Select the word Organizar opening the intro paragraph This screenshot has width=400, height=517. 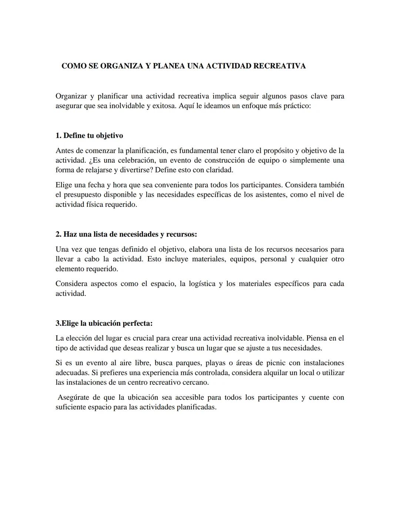pyautogui.click(x=71, y=97)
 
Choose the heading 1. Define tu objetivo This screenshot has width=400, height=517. pyautogui.click(x=89, y=136)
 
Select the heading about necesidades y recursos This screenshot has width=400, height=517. pyautogui.click(x=126, y=235)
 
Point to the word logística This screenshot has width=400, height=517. pyautogui.click(x=202, y=284)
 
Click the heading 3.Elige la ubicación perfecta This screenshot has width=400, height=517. pyautogui.click(x=104, y=323)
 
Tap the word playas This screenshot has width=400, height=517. pyautogui.click(x=215, y=363)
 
